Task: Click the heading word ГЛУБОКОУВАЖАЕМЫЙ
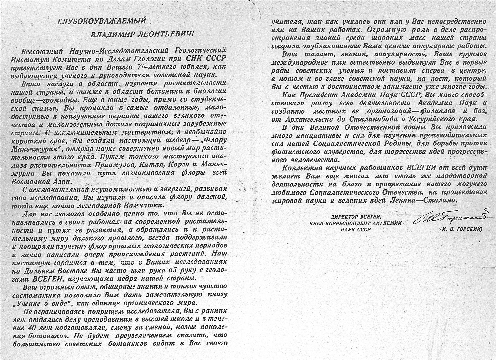(x=102, y=21)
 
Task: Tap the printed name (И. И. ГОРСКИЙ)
(x=461, y=229)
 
